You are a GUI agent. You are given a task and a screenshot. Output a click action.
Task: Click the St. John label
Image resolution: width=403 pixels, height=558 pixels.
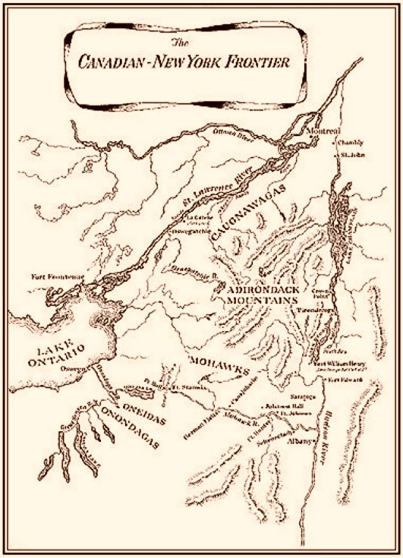(x=353, y=156)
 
